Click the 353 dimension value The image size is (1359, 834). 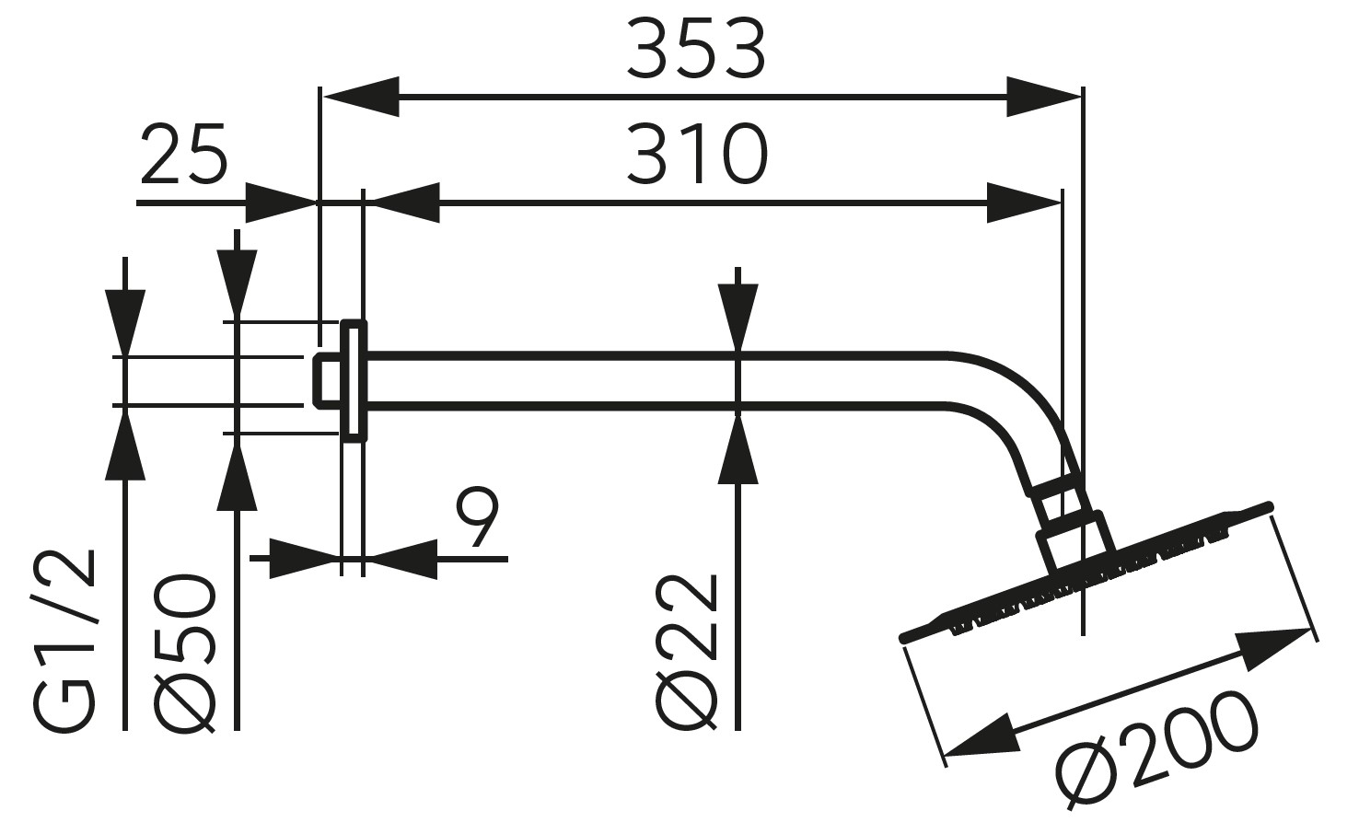[695, 50]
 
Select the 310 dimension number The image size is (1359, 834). [695, 154]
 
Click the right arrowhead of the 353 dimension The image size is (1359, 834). [1042, 95]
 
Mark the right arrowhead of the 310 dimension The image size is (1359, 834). [1024, 202]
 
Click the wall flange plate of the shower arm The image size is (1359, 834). [354, 379]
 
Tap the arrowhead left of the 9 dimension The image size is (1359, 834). [304, 558]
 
